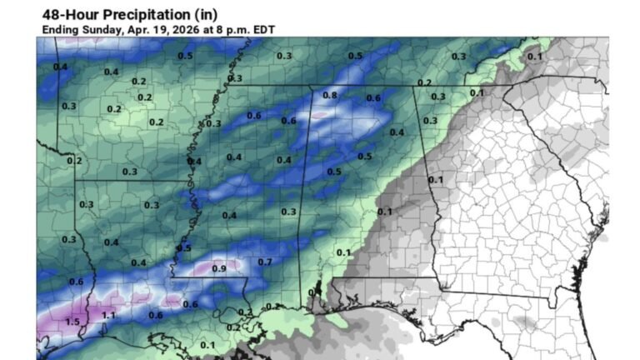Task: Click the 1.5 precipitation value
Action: point(72,322)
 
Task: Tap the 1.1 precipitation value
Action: point(108,316)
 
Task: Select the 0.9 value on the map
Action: point(219,268)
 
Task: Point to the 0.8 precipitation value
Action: point(330,96)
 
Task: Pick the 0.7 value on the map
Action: point(265,262)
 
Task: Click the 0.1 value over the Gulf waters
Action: point(207,345)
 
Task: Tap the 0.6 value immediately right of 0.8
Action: point(373,98)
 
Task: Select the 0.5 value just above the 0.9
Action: point(184,248)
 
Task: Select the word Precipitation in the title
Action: point(151,14)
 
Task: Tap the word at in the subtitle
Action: point(207,29)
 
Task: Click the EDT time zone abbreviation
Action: point(262,29)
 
